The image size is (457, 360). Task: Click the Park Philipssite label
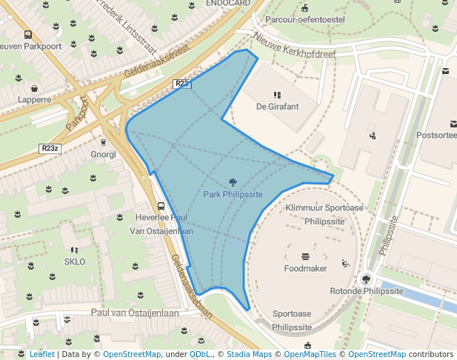click(x=233, y=194)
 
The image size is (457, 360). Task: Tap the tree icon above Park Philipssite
click(x=233, y=182)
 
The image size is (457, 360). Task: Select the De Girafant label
click(x=277, y=107)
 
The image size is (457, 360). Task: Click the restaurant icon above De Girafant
click(x=277, y=95)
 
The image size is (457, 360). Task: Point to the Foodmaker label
click(x=305, y=267)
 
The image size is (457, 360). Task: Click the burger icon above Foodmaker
click(x=305, y=256)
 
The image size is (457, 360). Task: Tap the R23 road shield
click(x=183, y=84)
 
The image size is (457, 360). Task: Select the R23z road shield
click(x=50, y=148)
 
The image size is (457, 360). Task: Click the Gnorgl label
click(x=103, y=155)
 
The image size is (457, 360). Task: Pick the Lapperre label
click(x=35, y=99)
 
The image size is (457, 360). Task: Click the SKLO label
click(x=75, y=262)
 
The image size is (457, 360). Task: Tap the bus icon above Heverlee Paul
click(x=161, y=206)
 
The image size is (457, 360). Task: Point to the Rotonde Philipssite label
click(x=367, y=291)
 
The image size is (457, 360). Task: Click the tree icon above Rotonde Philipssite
click(x=366, y=279)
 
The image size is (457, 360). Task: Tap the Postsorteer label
click(x=436, y=136)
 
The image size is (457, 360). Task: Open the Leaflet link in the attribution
click(x=41, y=354)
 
